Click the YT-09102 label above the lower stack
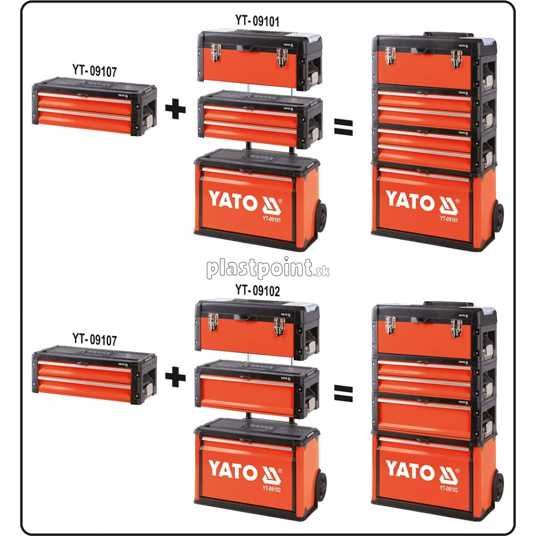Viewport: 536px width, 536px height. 258,291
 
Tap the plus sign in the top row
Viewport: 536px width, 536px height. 175,109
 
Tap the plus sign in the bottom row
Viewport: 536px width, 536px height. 175,377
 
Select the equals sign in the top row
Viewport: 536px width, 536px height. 343,125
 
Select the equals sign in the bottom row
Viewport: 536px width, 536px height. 343,393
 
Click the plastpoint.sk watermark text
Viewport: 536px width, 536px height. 267,269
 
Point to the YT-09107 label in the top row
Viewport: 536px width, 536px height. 94,71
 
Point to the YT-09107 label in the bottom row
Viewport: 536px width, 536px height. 94,339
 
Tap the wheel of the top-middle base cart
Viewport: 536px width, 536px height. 320,217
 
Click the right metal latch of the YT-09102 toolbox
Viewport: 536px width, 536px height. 280,326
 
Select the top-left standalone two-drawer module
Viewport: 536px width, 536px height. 94,107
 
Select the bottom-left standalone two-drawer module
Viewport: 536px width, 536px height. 94,375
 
